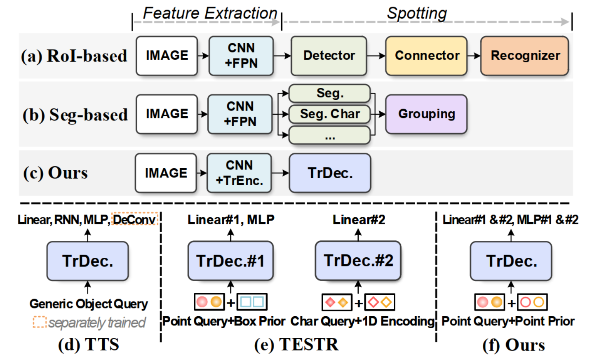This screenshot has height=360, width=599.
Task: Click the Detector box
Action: point(329,56)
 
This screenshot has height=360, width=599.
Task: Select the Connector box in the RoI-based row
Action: point(426,56)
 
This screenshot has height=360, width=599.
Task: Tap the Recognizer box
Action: point(525,56)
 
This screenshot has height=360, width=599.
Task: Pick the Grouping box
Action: point(426,114)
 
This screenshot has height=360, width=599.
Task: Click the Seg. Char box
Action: point(330,114)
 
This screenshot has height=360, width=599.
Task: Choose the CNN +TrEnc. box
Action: point(239,173)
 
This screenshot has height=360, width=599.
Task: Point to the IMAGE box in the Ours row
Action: point(166,173)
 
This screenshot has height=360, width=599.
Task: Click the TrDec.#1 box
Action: point(230,261)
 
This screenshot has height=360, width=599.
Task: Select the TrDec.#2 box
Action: point(358,261)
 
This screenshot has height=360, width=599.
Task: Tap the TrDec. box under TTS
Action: point(87,261)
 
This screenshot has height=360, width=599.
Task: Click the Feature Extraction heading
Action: point(210,13)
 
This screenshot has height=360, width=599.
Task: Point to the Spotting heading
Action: point(417,13)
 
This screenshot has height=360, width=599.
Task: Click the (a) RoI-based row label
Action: point(74,56)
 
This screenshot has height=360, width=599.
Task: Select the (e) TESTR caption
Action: point(296,345)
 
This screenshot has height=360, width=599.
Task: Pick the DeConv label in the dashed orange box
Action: point(134,219)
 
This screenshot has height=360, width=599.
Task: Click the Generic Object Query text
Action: point(89,304)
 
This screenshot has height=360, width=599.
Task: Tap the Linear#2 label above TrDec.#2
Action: point(359,220)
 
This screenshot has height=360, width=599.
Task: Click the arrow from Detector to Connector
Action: point(376,56)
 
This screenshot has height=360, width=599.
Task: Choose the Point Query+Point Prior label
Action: point(508,321)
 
